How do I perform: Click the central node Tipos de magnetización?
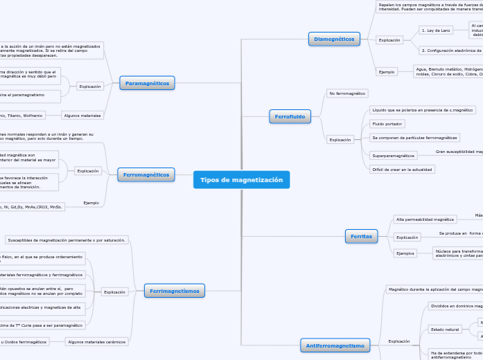[241, 180]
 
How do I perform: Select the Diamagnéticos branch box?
[334, 39]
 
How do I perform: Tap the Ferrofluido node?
[290, 116]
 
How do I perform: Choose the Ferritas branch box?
[361, 237]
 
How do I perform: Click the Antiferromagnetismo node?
[334, 345]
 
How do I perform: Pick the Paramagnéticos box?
[147, 84]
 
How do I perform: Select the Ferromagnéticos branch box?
[146, 175]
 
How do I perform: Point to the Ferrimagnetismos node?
[174, 291]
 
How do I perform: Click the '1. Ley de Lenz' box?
[436, 30]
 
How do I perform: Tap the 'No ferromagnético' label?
[347, 93]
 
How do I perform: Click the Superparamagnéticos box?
[392, 156]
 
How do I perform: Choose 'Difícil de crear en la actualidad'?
[402, 169]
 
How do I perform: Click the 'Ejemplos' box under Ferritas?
[405, 253]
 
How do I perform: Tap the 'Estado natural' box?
[444, 329]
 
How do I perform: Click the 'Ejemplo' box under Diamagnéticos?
[387, 71]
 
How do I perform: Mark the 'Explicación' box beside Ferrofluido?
[340, 140]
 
